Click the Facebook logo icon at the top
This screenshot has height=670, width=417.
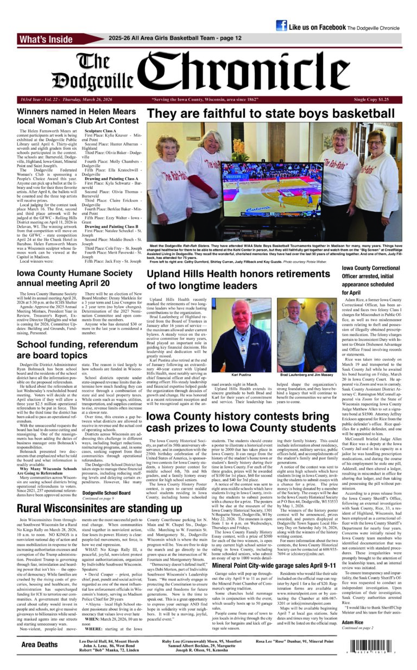[281, 26]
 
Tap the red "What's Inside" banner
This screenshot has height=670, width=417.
[46, 39]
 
